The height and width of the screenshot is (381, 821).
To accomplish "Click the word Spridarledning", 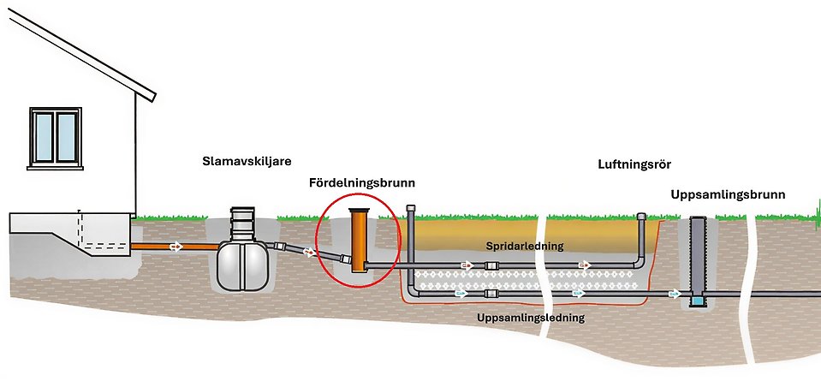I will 524,247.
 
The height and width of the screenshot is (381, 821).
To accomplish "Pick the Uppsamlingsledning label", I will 531,318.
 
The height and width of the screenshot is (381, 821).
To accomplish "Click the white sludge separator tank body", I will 240,264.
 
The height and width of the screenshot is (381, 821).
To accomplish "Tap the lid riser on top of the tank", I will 241,224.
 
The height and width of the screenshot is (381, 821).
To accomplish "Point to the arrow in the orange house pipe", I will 176,247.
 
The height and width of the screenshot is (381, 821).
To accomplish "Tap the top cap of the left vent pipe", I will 412,208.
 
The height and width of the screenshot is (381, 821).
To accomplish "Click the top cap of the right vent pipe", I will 641,215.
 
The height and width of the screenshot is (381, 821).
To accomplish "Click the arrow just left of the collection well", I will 675,294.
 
